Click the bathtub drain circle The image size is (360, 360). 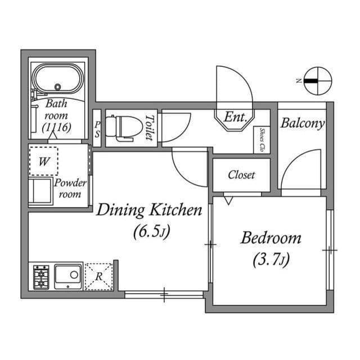click(x=57, y=87)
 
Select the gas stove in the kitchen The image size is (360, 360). click(x=41, y=277)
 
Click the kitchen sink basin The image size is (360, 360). click(x=68, y=276)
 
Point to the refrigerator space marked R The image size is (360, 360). click(x=99, y=277)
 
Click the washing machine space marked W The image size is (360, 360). click(x=44, y=161)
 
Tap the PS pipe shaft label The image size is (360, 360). click(x=97, y=129)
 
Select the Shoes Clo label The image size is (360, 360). click(x=262, y=140)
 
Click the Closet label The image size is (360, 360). click(x=241, y=175)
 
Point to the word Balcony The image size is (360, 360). click(x=303, y=124)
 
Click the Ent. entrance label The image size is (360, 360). click(x=235, y=117)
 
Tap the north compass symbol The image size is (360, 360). click(x=318, y=81)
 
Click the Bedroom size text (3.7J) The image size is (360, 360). click(x=271, y=260)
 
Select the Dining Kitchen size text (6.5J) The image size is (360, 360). click(x=152, y=231)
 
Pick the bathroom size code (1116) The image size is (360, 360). click(x=57, y=127)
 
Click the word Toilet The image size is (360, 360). click(x=150, y=128)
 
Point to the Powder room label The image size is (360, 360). click(x=70, y=188)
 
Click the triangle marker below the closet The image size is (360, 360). click(x=228, y=200)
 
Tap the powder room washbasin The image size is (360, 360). click(x=40, y=191)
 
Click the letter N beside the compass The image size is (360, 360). click(x=299, y=81)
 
